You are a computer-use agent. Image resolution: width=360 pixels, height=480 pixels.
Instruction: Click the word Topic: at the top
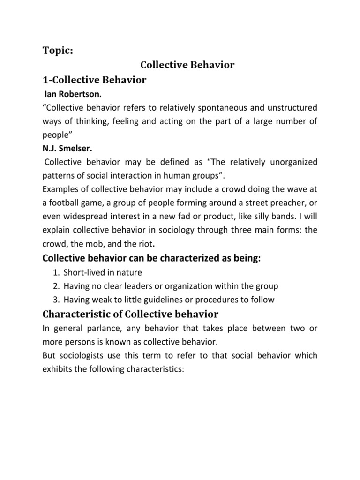point(58,51)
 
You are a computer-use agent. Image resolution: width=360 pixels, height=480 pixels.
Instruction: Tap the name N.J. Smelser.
point(67,148)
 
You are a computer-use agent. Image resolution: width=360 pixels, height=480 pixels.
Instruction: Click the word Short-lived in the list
point(82,272)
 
